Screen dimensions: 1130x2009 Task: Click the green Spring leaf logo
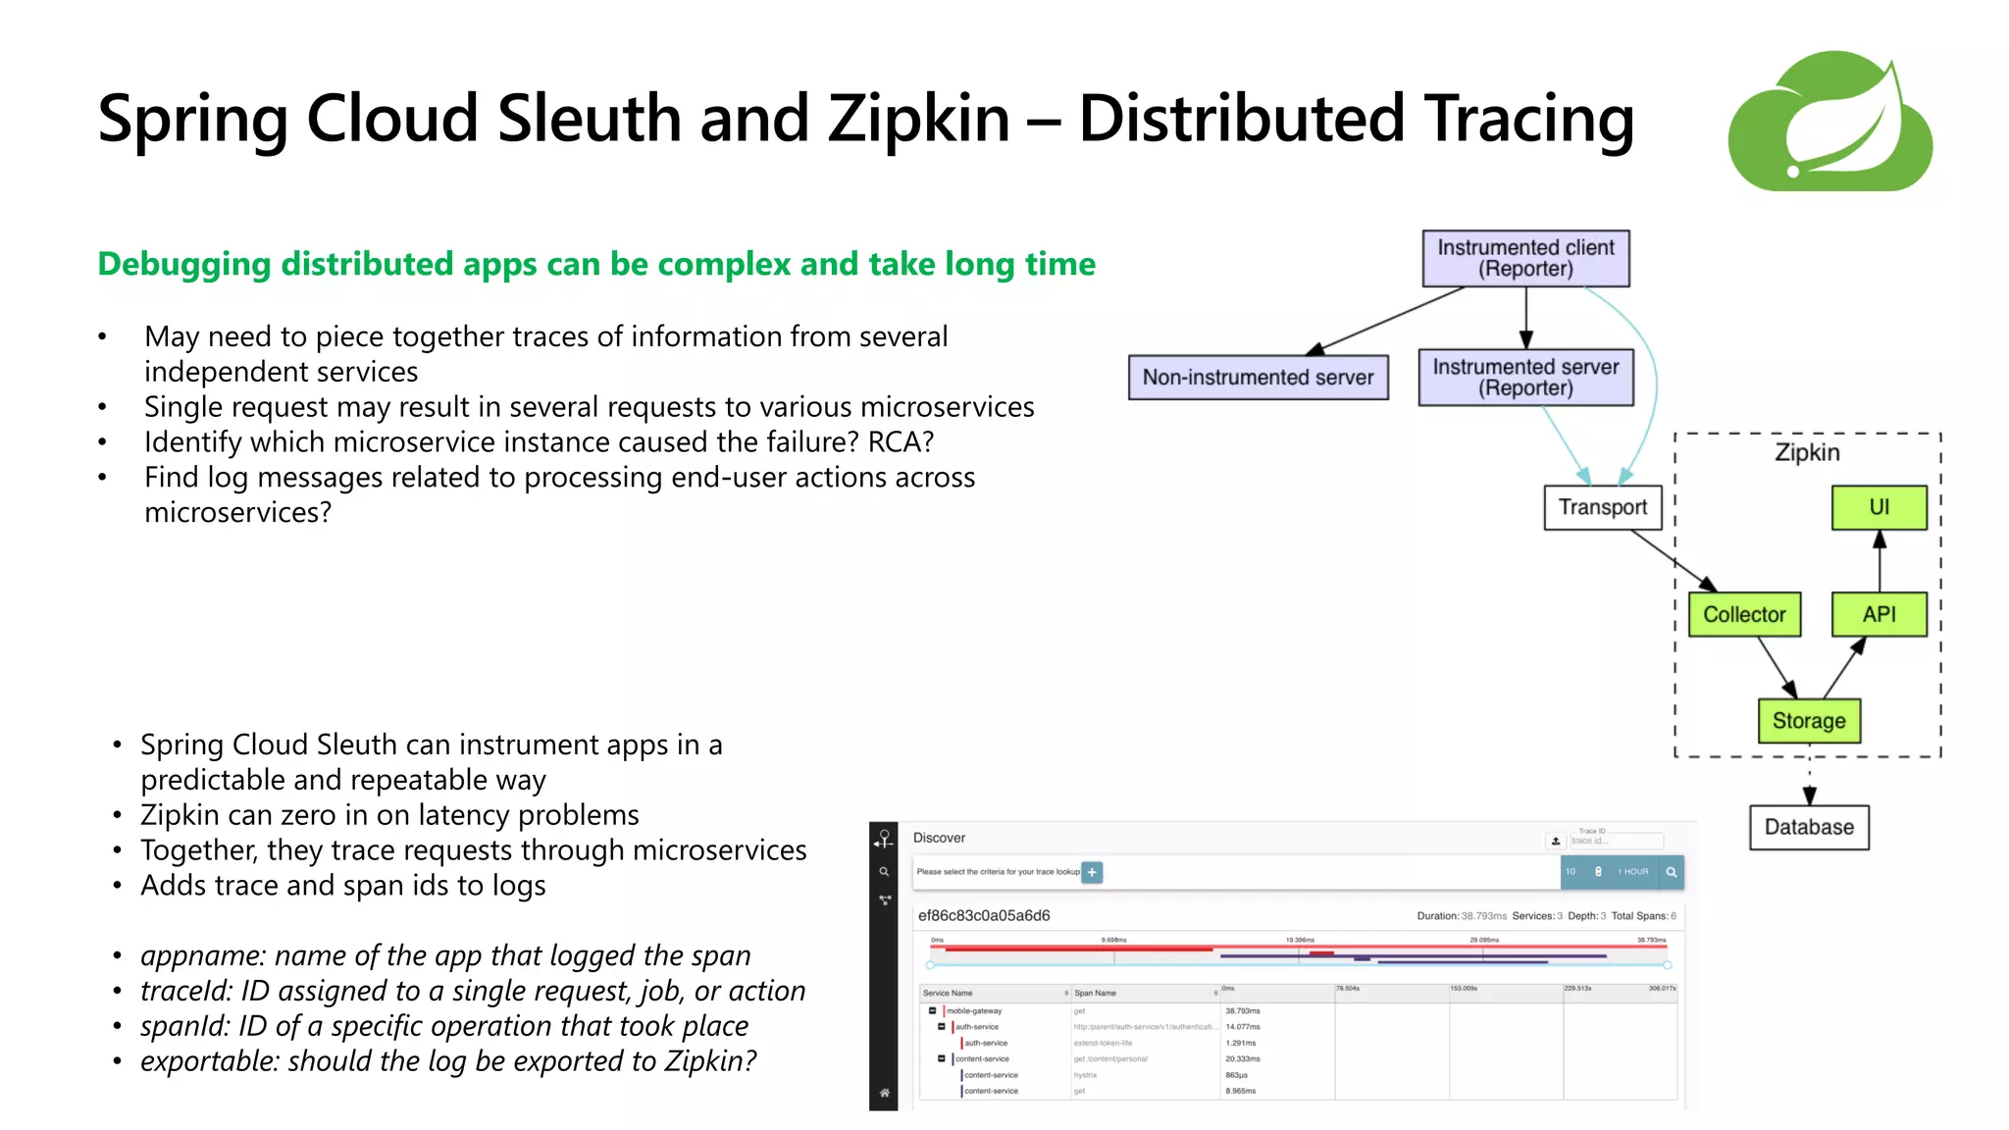1830,122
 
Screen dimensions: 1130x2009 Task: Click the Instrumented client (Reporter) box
1525,258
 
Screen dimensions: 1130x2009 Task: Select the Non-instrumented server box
1258,378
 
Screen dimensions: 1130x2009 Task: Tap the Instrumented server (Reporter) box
1525,378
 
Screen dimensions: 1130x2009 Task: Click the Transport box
1603,507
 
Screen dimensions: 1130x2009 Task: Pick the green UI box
1879,507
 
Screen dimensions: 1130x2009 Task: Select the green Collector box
1744,615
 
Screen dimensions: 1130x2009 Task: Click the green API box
1879,615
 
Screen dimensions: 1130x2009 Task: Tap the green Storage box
1809,721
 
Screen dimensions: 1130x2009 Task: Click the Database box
1809,827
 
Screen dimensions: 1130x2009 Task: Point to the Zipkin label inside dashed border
1807,452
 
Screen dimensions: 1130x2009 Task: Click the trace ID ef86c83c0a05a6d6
983,915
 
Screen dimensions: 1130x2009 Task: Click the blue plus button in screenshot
1092,872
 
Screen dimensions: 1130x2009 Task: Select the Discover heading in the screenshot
939,838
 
